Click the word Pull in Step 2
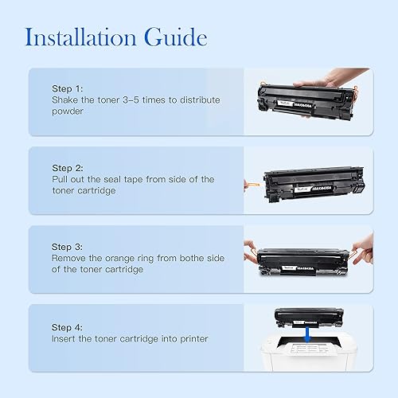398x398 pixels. click(x=61, y=180)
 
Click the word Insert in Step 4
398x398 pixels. click(x=65, y=339)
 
